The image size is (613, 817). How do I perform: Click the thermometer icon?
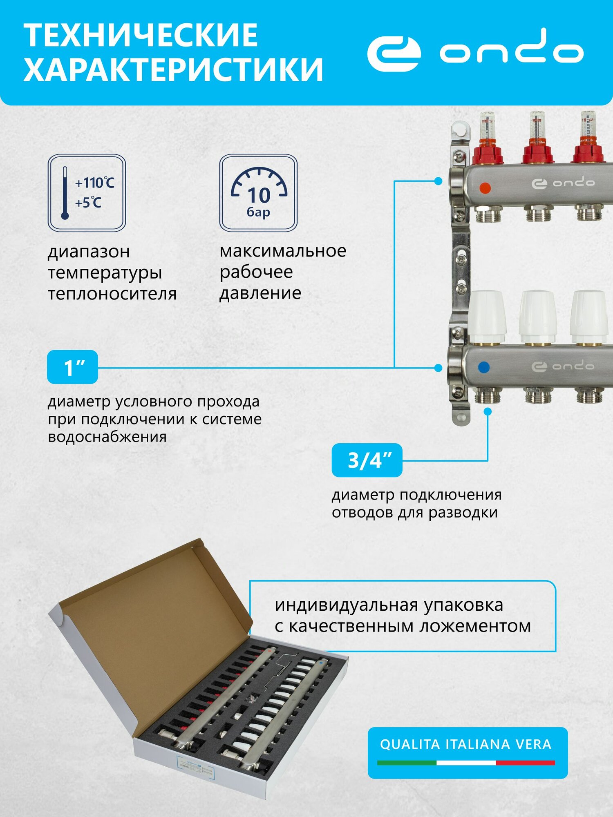[x=65, y=193]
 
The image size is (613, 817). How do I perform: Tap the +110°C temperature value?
[x=95, y=183]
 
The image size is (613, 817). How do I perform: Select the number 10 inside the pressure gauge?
[x=259, y=195]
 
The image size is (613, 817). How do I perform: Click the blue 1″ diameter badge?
[x=72, y=367]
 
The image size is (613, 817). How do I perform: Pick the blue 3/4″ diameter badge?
[x=367, y=460]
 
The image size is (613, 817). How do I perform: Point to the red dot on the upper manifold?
[x=485, y=188]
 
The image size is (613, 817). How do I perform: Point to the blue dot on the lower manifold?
[x=483, y=367]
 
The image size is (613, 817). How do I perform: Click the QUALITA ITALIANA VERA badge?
[x=467, y=752]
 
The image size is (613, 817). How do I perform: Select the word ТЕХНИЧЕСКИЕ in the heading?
[x=141, y=36]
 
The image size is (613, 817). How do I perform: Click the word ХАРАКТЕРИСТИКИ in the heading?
[x=173, y=69]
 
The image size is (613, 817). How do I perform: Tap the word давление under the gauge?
[x=260, y=293]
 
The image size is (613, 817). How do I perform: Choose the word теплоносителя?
[x=112, y=294]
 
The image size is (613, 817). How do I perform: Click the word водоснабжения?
[x=107, y=437]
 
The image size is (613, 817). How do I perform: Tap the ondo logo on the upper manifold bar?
[x=563, y=183]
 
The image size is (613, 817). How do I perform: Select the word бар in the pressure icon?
[x=258, y=212]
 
